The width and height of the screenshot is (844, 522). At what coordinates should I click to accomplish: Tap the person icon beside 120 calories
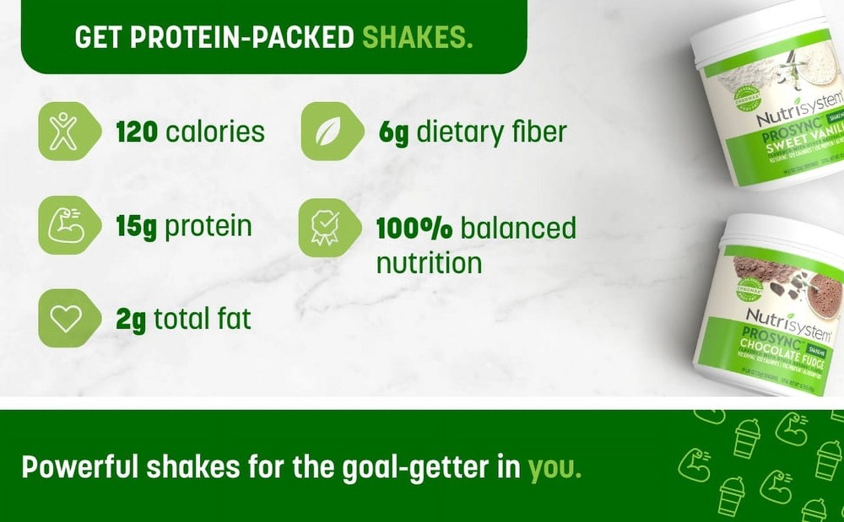tap(64, 132)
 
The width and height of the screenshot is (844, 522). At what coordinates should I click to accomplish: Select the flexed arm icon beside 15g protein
tap(64, 225)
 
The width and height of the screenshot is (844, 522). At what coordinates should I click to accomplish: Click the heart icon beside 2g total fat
tap(64, 318)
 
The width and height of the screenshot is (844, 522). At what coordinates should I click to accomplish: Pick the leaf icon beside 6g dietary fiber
tap(327, 132)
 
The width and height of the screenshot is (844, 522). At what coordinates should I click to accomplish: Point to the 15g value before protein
tap(137, 227)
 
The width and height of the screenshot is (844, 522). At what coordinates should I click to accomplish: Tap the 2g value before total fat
tap(130, 320)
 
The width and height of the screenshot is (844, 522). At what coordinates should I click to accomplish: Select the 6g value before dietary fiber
tap(393, 132)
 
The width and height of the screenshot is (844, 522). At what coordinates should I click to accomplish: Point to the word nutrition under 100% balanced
tap(429, 262)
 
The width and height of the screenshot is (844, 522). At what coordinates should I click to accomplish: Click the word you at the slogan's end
tap(554, 467)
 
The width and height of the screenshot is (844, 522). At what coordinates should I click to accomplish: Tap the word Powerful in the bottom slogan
tap(74, 467)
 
